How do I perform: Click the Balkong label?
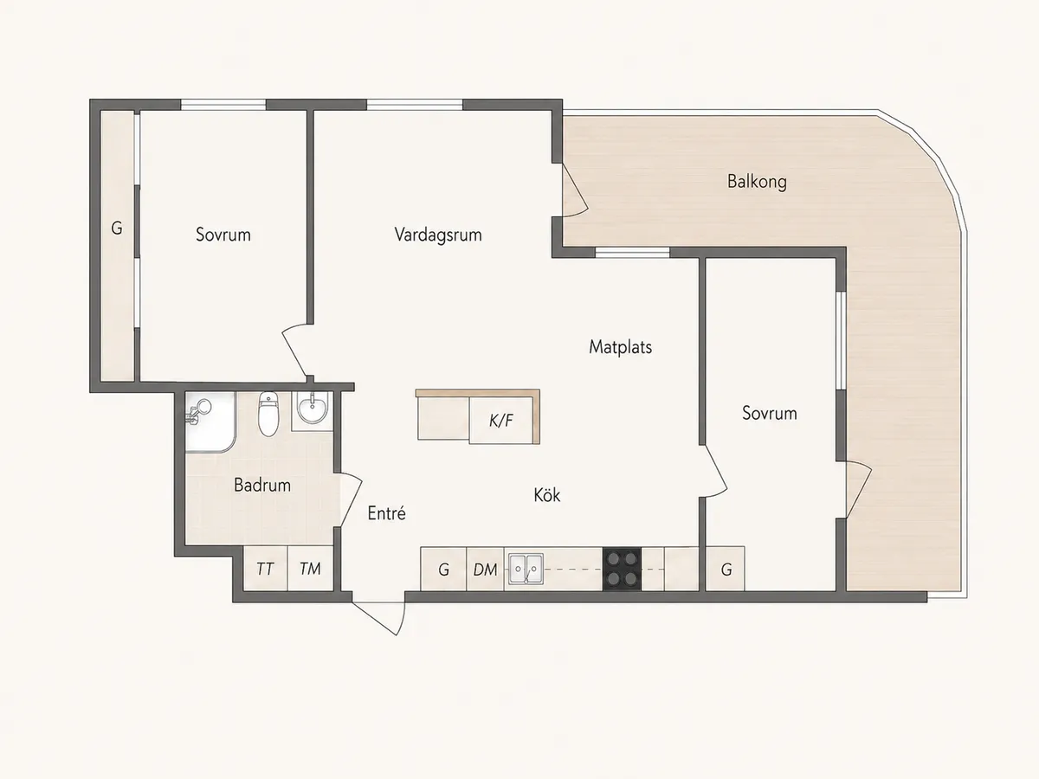[x=757, y=182]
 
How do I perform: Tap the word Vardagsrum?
[x=438, y=235]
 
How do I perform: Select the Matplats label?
[x=620, y=347]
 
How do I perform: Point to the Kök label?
[x=546, y=495]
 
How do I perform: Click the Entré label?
[x=386, y=513]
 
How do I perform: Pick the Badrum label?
[x=262, y=486]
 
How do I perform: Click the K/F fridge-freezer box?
[x=501, y=420]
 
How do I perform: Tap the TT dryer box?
[x=265, y=569]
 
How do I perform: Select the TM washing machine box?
[x=311, y=569]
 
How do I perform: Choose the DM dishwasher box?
[x=485, y=569]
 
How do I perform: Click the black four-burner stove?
[x=622, y=569]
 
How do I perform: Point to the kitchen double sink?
[x=526, y=569]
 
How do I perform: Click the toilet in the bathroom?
[x=268, y=414]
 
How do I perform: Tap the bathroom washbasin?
[x=312, y=409]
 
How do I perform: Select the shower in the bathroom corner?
[x=210, y=422]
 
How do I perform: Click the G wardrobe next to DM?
[x=443, y=569]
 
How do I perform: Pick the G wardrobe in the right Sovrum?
[x=726, y=569]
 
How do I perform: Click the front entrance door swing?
[x=378, y=618]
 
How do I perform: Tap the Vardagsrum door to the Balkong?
[x=575, y=190]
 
